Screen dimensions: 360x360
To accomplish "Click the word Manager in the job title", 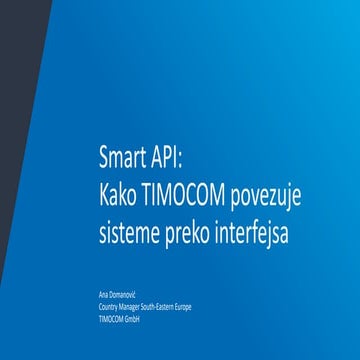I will click(128, 307).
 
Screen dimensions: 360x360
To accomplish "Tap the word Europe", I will click(184, 307).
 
